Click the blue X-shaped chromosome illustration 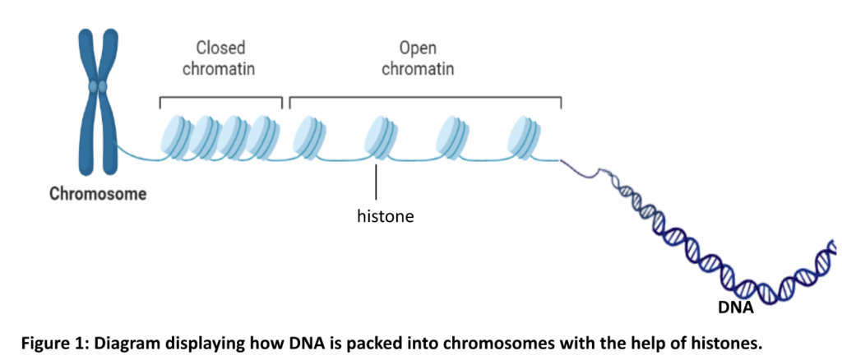pyautogui.click(x=98, y=102)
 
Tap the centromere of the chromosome pyautogui.click(x=98, y=85)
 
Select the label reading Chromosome pyautogui.click(x=98, y=194)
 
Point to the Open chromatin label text pyautogui.click(x=418, y=58)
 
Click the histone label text pyautogui.click(x=386, y=217)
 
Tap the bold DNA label pyautogui.click(x=736, y=308)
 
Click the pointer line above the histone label pyautogui.click(x=376, y=182)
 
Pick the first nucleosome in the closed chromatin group pyautogui.click(x=176, y=137)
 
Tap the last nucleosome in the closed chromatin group pyautogui.click(x=266, y=137)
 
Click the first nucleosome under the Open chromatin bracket pyautogui.click(x=308, y=137)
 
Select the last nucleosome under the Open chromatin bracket pyautogui.click(x=524, y=137)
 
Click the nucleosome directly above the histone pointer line pyautogui.click(x=381, y=137)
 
